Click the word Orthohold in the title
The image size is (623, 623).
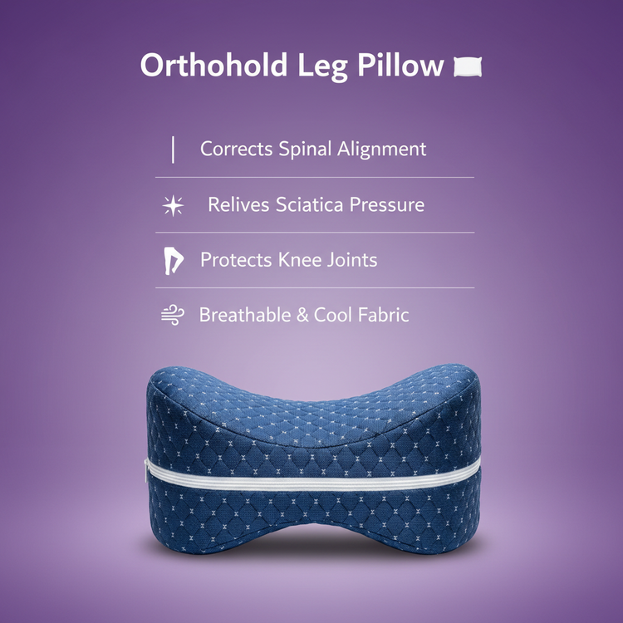click(213, 64)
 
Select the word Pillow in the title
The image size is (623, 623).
click(400, 64)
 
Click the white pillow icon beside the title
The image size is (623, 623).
click(468, 66)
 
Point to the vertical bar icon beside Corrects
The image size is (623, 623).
click(173, 150)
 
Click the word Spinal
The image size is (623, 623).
click(305, 150)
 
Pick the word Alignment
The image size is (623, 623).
click(381, 150)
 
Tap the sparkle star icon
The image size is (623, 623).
click(173, 206)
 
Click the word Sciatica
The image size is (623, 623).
click(309, 204)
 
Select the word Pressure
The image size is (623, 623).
click(387, 204)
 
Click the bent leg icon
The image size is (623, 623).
click(174, 261)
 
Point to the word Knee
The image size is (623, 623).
click(300, 260)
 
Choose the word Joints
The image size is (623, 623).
click(351, 261)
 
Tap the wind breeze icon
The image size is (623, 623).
click(173, 316)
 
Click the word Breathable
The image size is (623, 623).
click(245, 315)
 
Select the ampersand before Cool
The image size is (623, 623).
click(302, 315)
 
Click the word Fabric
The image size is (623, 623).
click(383, 315)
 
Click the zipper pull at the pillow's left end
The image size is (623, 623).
click(146, 471)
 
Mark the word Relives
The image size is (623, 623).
click(238, 204)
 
